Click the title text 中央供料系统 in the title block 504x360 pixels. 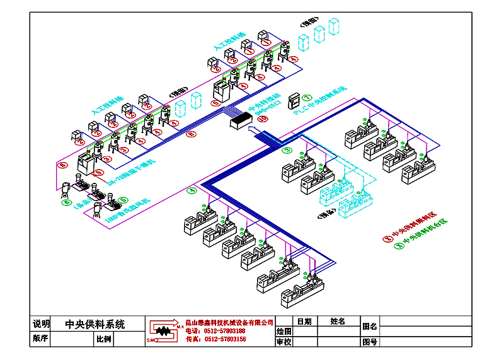point(95,325)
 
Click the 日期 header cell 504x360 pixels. point(304,322)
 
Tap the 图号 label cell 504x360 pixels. point(370,342)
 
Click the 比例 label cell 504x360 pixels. point(104,339)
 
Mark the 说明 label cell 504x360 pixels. point(41,325)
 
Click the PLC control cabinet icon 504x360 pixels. point(294,101)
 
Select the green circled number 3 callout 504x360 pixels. point(287,151)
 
